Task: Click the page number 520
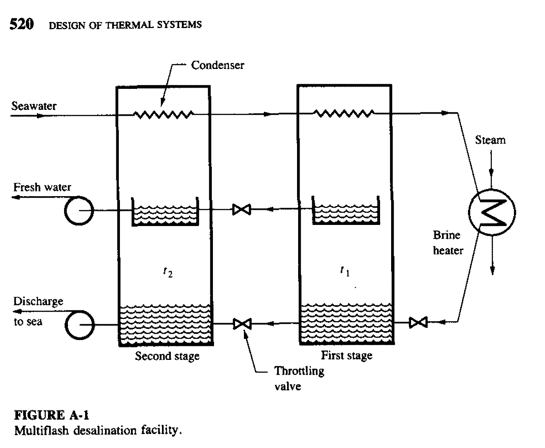21,24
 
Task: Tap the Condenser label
217,65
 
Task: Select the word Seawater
34,106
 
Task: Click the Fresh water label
42,187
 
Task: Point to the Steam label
490,140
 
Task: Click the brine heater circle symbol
492,212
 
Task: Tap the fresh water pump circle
79,211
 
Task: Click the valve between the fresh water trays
242,210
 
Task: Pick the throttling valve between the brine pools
242,324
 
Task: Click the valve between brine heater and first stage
418,322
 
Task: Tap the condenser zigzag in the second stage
163,115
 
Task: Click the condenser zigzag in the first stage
344,113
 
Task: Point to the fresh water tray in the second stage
165,214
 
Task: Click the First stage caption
346,355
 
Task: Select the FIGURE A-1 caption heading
52,416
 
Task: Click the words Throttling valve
299,378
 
